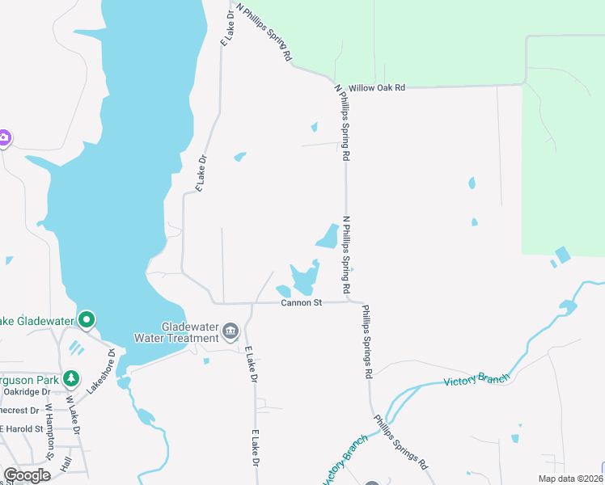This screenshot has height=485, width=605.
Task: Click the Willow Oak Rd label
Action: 376,87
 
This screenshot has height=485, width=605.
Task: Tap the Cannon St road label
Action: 302,303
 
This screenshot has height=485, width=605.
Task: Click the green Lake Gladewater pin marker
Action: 87,320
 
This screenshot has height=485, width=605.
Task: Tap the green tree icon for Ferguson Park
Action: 71,377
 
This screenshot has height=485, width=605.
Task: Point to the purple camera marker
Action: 3,137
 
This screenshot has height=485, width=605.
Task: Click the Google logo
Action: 27,475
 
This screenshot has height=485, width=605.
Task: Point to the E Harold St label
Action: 19,428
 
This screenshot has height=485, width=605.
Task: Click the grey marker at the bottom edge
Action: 370,483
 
